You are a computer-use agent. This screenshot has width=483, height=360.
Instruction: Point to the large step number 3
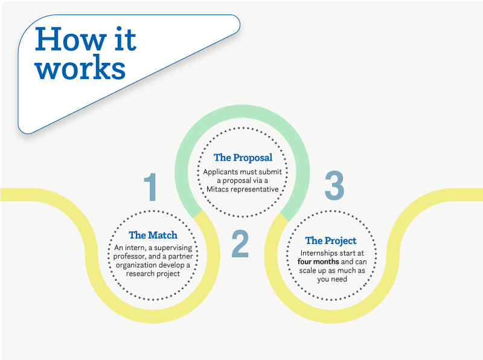[x=333, y=185]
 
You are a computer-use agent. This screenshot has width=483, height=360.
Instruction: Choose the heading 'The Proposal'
[x=243, y=158]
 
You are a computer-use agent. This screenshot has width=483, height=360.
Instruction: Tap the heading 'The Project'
[x=331, y=241]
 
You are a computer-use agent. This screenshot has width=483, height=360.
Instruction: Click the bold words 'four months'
[x=319, y=262]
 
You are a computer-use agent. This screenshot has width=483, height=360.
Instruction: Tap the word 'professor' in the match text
[x=133, y=256]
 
